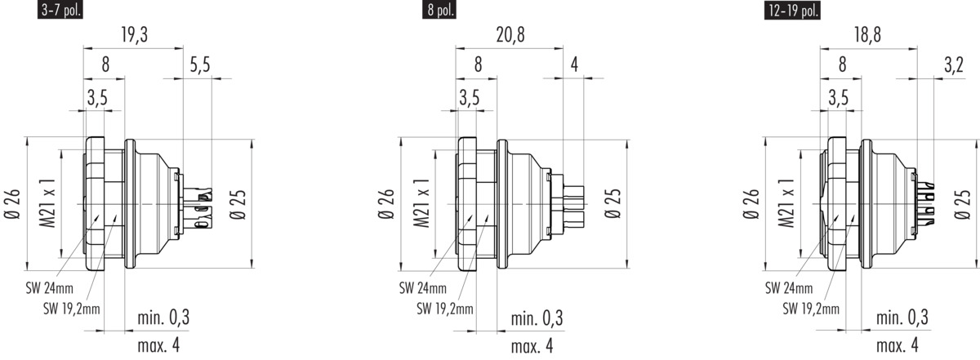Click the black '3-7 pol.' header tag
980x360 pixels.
point(60,10)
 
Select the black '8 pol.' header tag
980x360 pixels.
point(439,10)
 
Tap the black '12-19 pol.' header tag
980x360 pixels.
point(792,10)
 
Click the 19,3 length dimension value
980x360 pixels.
point(135,35)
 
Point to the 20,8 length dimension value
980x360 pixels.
point(510,35)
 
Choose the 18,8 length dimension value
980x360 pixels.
point(867,35)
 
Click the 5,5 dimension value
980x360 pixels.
point(200,64)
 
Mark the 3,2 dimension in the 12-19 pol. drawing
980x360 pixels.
point(954,64)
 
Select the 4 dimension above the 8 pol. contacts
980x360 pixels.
point(574,64)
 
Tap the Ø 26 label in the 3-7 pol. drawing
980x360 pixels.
point(13,204)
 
